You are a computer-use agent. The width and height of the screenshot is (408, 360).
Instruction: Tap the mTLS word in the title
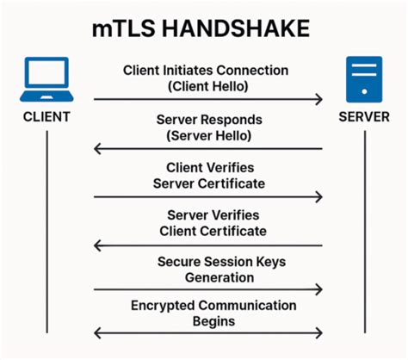tap(127, 28)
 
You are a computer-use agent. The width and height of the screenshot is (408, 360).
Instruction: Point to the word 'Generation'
tap(219, 277)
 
